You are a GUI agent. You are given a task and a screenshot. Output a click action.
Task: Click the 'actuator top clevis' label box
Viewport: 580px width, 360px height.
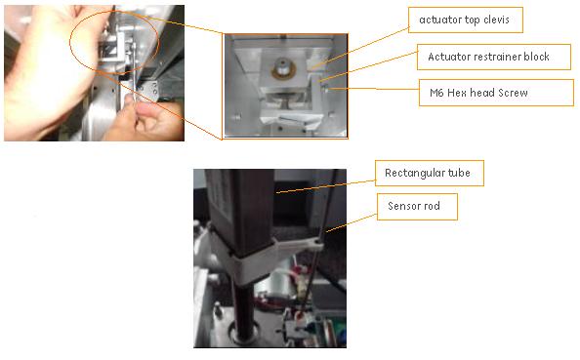(x=466, y=20)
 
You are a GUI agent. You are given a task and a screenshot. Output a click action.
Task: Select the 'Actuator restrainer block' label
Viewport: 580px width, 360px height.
(x=494, y=57)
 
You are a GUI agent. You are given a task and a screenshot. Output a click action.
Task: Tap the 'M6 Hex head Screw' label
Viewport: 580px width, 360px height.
(x=496, y=93)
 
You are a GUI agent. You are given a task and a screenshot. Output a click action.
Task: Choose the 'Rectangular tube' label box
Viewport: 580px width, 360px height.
(x=430, y=173)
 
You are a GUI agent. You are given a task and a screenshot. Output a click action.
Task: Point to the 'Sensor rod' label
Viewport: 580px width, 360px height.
(x=417, y=206)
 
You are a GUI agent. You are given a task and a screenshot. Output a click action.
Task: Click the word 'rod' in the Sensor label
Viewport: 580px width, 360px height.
(x=432, y=206)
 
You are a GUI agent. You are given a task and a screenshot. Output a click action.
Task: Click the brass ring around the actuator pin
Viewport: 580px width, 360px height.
(x=284, y=70)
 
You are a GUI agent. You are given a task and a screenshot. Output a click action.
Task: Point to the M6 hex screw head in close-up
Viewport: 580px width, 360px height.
(x=326, y=89)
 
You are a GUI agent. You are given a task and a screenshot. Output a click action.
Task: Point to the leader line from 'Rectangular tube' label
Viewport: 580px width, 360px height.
(x=326, y=186)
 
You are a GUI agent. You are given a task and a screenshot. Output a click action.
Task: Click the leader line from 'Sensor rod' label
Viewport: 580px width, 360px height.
(x=352, y=222)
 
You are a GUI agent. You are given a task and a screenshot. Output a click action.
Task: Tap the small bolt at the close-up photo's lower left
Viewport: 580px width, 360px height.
(x=236, y=117)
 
